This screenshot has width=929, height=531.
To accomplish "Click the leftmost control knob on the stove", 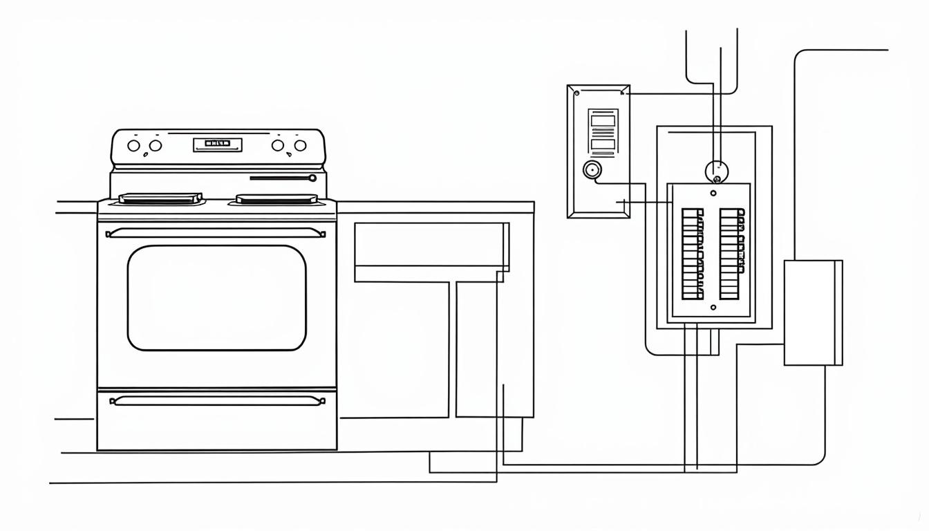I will click(x=134, y=146).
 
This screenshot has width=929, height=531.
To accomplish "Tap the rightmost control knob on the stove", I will click(x=300, y=145).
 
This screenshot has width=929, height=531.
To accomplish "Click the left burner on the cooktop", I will click(x=160, y=198).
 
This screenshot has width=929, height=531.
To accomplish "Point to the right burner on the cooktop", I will click(x=276, y=198).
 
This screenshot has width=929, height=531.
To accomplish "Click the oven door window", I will click(x=216, y=297).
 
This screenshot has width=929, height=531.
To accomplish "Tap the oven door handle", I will click(x=216, y=234).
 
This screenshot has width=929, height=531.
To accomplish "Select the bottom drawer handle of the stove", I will click(x=217, y=400).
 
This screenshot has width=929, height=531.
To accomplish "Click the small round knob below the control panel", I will click(x=312, y=178).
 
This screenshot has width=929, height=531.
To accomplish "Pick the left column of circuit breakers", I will click(x=693, y=254).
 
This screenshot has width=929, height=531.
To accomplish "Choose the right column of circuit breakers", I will click(x=730, y=254).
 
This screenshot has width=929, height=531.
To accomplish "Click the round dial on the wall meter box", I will click(x=592, y=169).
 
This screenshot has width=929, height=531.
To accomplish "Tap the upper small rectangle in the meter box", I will click(x=603, y=121).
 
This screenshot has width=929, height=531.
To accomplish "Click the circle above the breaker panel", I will click(x=717, y=170).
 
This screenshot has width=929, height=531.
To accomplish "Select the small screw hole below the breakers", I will click(x=713, y=306).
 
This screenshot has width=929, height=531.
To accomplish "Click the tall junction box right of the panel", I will click(x=812, y=313).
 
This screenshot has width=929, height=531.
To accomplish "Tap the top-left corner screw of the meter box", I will click(x=576, y=92).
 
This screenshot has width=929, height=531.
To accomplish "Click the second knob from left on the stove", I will click(x=156, y=146).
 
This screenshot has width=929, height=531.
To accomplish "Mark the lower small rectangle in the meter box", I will click(x=603, y=144).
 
